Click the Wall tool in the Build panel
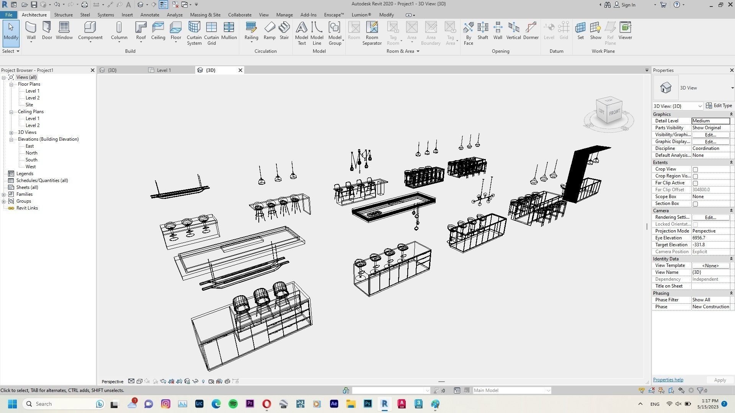(x=31, y=31)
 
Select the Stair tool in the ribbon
(x=284, y=31)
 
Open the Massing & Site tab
(x=205, y=15)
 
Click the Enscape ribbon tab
(x=334, y=15)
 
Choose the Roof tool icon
(x=141, y=31)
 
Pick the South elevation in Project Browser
(x=31, y=160)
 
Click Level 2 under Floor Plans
(x=33, y=98)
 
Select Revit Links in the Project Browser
(x=27, y=208)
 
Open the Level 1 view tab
(x=164, y=70)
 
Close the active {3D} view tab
(x=240, y=70)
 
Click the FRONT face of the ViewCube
(x=614, y=112)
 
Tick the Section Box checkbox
(x=695, y=204)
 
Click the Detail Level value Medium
(x=710, y=121)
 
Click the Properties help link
(x=668, y=380)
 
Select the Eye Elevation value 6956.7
(x=710, y=238)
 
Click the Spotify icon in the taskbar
(x=233, y=404)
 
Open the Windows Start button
(x=12, y=404)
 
